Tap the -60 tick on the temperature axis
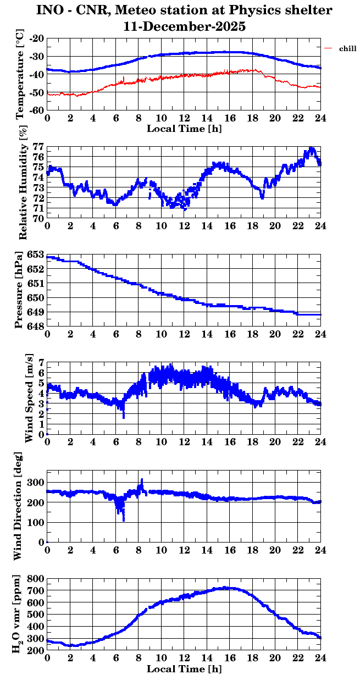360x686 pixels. click(37, 110)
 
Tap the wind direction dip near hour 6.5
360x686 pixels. click(123, 517)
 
